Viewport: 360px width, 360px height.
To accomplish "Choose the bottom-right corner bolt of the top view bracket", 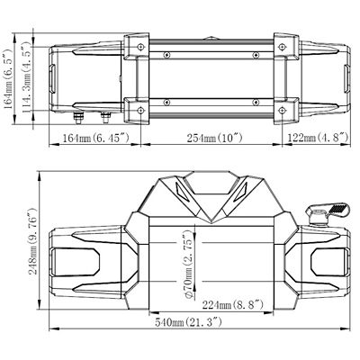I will coord(282,110).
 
